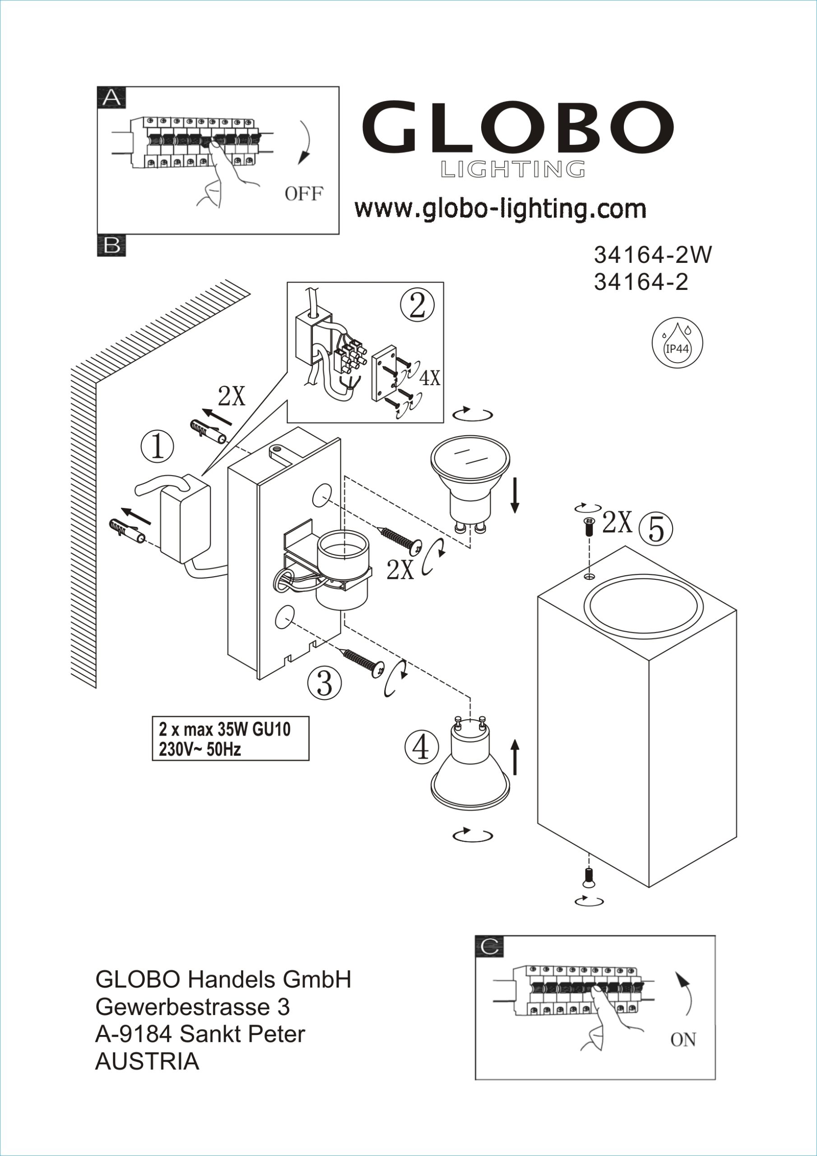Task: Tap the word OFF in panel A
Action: click(303, 193)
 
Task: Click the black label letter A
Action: click(111, 98)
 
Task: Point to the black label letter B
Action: click(111, 246)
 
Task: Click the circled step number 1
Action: click(158, 447)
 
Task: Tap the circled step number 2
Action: click(418, 306)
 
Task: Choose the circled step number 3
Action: click(325, 684)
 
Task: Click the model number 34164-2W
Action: click(653, 255)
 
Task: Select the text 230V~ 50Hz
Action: click(200, 749)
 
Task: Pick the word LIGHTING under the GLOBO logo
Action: click(513, 170)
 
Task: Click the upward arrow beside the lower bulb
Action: click(515, 757)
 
